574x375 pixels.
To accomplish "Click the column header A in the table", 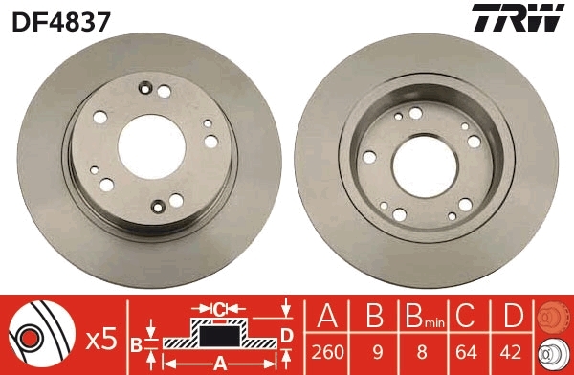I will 327,316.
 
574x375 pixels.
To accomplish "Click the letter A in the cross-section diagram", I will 218,364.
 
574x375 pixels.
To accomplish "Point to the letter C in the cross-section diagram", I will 218,308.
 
